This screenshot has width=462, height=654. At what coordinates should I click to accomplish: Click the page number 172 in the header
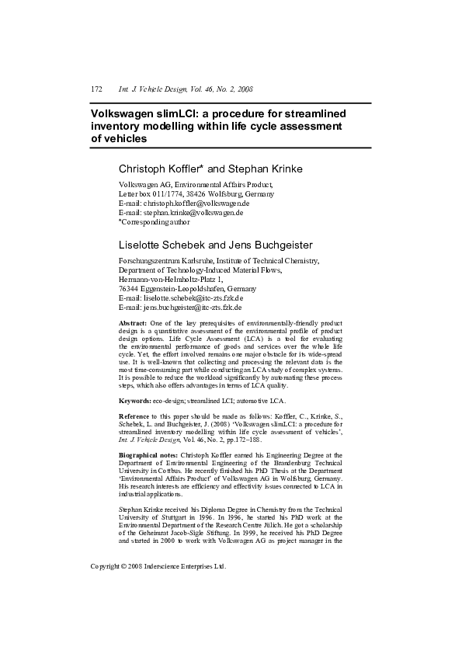click(97, 90)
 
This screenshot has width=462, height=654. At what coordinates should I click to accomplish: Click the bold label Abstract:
click(135, 322)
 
